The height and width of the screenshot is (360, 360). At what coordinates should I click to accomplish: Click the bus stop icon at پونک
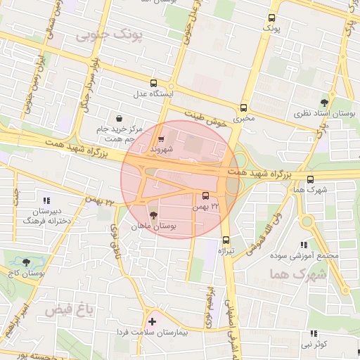tap(272, 18)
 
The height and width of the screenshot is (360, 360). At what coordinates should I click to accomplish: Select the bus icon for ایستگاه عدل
tap(153, 82)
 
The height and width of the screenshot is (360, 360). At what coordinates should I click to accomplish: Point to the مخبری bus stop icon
tap(244, 108)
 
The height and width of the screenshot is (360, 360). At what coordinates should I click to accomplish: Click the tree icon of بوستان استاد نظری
tap(324, 102)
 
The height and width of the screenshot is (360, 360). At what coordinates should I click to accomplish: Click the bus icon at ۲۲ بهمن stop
tap(205, 196)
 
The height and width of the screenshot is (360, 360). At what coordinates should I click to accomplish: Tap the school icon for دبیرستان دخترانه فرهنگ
tap(47, 200)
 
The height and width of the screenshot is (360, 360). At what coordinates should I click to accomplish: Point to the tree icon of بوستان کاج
tap(25, 261)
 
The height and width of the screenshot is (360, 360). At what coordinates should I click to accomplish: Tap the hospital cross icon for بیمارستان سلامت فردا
tap(152, 321)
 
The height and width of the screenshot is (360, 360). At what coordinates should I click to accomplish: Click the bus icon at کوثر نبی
tap(313, 334)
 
